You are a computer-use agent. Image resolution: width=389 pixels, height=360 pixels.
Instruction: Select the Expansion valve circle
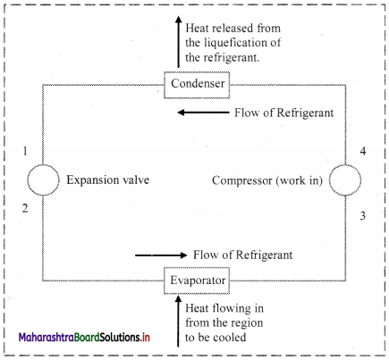click(x=43, y=165)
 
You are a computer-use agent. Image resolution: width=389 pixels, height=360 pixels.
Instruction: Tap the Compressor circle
click(x=345, y=165)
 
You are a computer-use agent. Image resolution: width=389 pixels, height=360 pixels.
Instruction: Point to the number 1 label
click(x=25, y=151)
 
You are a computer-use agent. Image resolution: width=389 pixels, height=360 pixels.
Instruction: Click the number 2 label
click(x=25, y=208)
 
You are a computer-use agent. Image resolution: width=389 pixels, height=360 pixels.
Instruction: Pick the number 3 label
click(x=363, y=215)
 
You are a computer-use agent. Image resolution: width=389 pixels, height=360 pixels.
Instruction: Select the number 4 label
click(x=363, y=151)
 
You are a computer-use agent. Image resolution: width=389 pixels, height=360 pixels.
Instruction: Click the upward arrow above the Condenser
click(x=178, y=42)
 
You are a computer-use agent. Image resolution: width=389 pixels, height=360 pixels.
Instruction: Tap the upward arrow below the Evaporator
click(x=178, y=321)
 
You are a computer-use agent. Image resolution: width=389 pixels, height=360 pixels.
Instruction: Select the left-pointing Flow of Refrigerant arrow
click(x=203, y=113)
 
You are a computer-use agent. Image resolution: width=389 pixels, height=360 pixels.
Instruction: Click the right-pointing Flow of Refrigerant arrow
click(x=161, y=255)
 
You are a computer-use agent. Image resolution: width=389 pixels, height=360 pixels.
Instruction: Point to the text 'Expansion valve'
click(x=108, y=180)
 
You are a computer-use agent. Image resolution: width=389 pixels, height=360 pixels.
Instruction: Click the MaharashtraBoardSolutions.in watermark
click(x=84, y=338)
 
